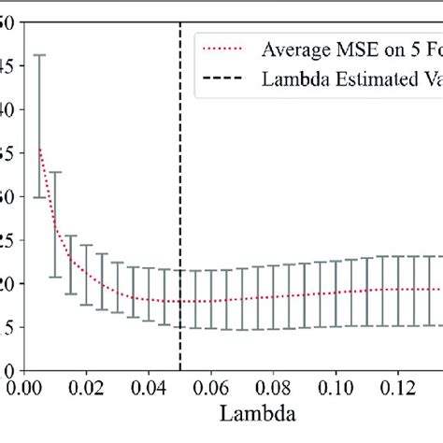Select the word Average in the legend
(297, 49)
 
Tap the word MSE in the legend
(360, 49)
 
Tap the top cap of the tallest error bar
(39, 55)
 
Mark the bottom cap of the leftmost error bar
(39, 197)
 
